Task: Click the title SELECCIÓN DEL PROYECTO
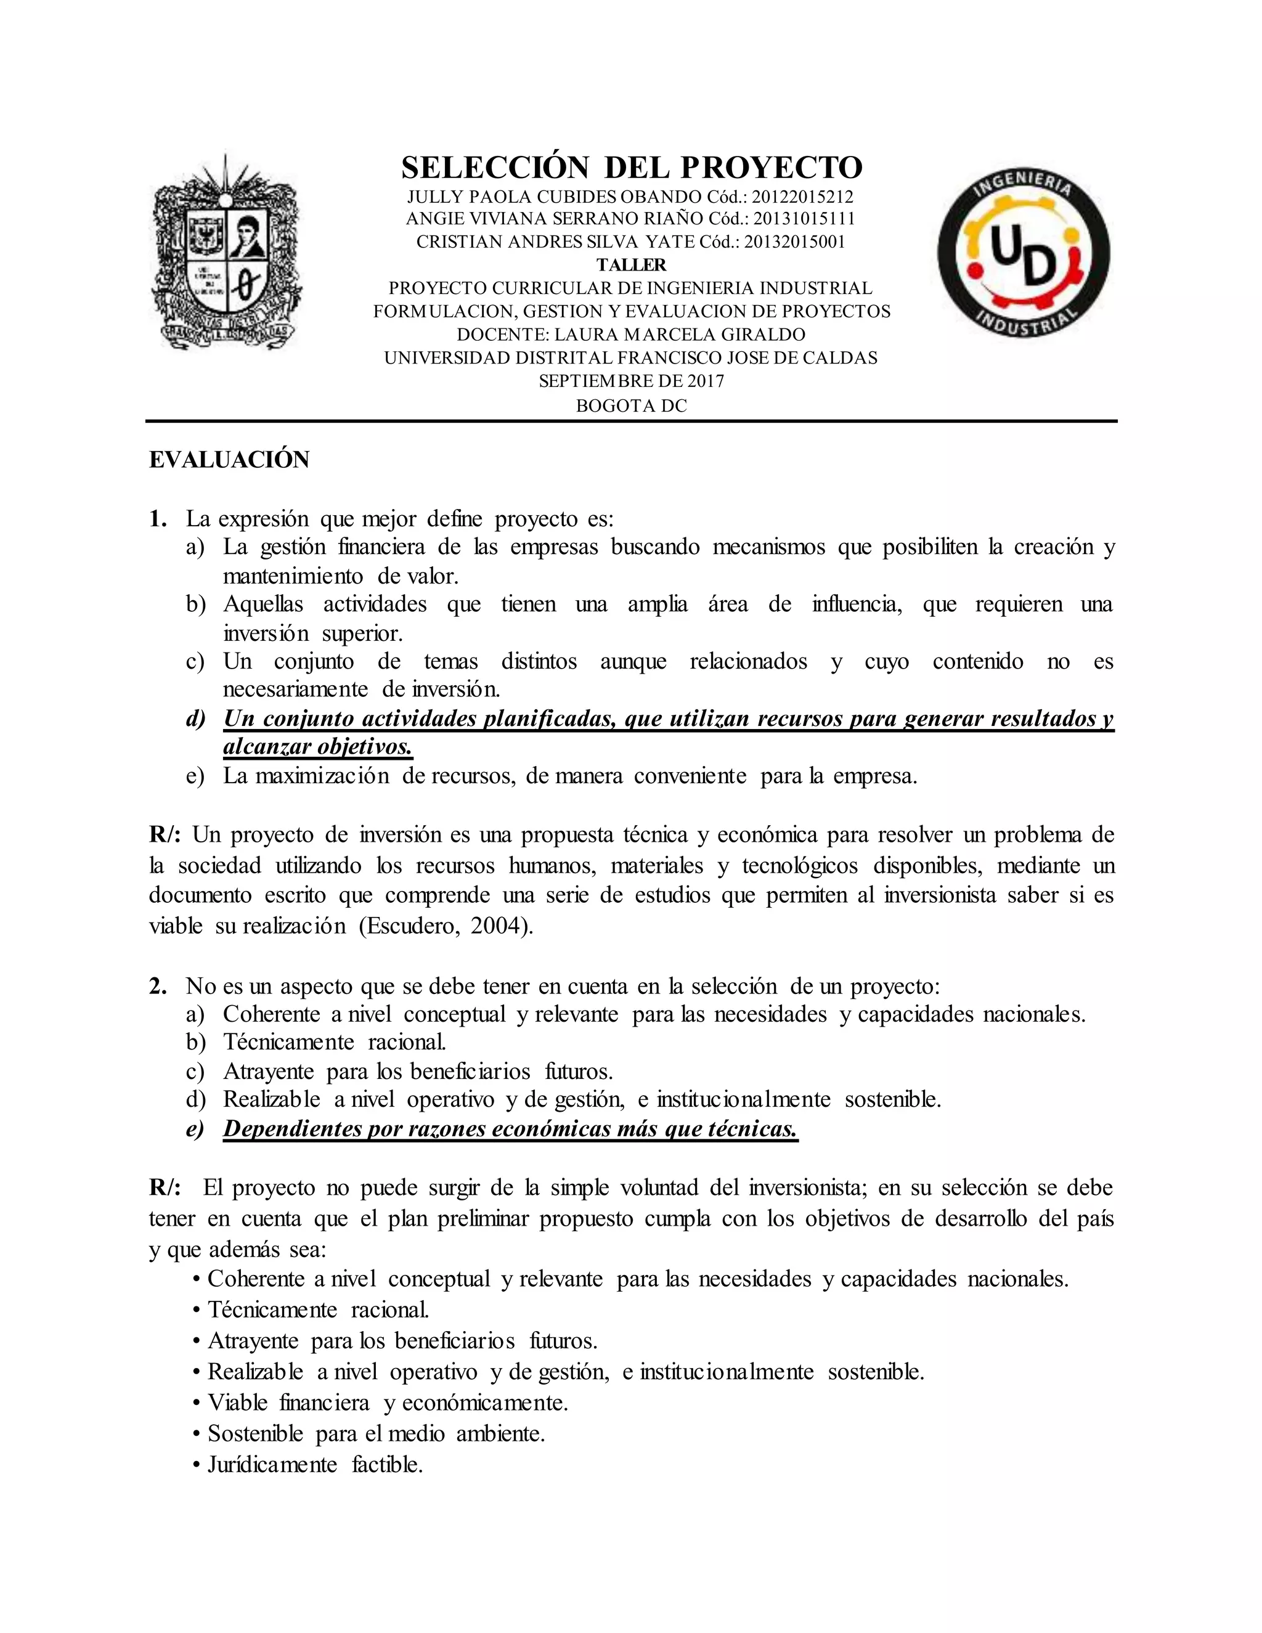tap(631, 168)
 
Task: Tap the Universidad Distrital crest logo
tap(227, 253)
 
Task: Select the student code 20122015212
tap(802, 197)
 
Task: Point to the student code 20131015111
tap(803, 219)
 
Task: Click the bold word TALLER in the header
tap(631, 265)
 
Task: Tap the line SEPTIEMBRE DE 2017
tap(631, 381)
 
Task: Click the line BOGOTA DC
tap(631, 406)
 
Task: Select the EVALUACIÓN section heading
tap(229, 460)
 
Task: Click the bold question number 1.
tap(157, 519)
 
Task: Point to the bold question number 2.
tap(157, 986)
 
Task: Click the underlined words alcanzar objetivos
tap(318, 747)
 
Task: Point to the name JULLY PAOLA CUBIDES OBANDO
tap(554, 197)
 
